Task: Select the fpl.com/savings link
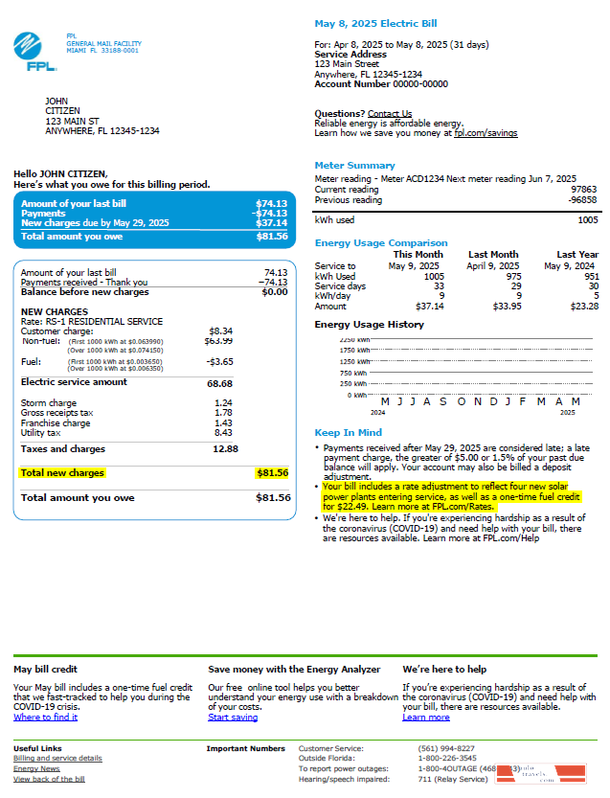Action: click(486, 133)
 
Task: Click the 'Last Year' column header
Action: click(576, 255)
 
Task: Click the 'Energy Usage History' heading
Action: click(370, 325)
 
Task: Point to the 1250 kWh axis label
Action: click(354, 362)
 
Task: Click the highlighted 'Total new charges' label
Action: click(62, 473)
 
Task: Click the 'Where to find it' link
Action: click(46, 718)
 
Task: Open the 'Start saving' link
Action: click(233, 718)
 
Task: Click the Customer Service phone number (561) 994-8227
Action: click(445, 748)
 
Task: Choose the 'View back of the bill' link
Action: click(49, 779)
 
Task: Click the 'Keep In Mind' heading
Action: click(349, 432)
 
